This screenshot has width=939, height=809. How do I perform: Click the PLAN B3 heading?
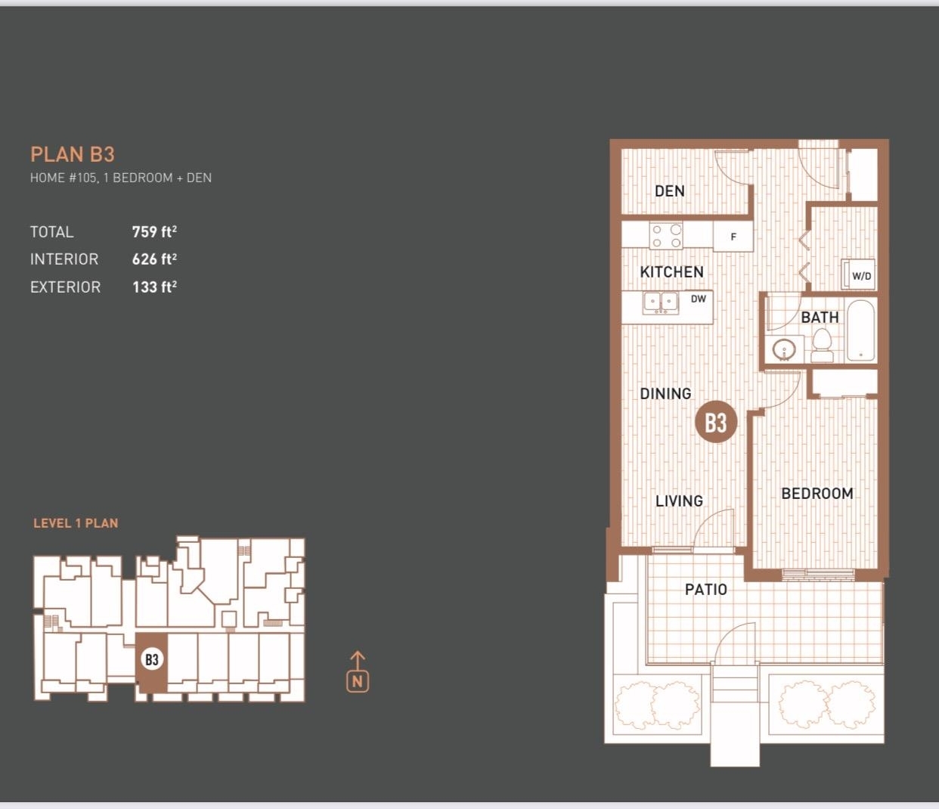(73, 154)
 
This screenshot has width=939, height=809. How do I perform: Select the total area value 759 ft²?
(154, 231)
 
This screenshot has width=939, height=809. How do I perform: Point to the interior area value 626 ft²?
(154, 259)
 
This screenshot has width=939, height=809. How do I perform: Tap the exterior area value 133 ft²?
(154, 287)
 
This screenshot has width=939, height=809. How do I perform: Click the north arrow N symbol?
(358, 672)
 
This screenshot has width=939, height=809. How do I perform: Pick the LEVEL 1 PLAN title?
(76, 523)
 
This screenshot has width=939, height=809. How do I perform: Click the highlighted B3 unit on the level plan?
(152, 662)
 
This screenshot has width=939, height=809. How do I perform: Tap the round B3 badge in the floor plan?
(716, 423)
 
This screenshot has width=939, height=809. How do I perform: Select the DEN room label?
(670, 191)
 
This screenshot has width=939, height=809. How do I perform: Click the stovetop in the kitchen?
(666, 236)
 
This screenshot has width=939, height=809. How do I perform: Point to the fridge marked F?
(733, 237)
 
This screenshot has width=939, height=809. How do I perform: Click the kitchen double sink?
(661, 303)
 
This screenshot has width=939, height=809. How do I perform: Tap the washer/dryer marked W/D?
(858, 274)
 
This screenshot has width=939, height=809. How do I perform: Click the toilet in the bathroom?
(822, 345)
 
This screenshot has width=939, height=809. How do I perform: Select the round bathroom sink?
(784, 350)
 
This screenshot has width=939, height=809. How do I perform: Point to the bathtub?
(861, 330)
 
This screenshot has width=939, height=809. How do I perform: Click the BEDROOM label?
(817, 494)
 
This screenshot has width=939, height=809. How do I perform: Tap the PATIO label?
(706, 590)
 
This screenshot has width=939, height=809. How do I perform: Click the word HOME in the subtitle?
(47, 178)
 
